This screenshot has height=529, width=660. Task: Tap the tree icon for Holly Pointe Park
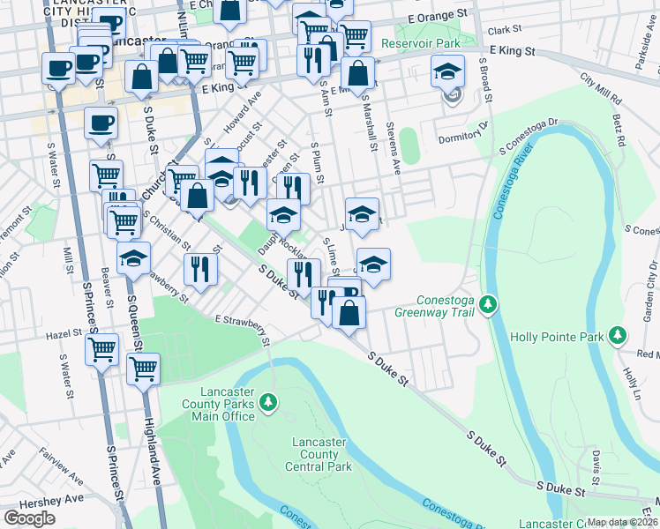click(x=619, y=336)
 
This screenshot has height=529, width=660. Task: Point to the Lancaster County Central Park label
click(x=319, y=454)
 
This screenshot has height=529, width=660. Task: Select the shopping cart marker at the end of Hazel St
click(x=102, y=348)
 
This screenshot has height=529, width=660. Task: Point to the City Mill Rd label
click(x=601, y=90)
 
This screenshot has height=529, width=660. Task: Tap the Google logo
click(x=30, y=518)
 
